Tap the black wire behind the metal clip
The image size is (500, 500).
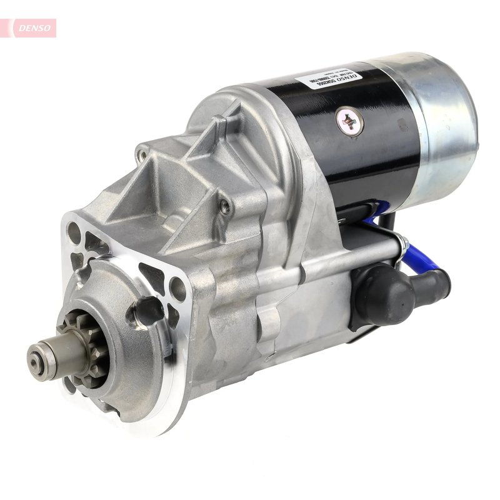pyautogui.click(x=387, y=222)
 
